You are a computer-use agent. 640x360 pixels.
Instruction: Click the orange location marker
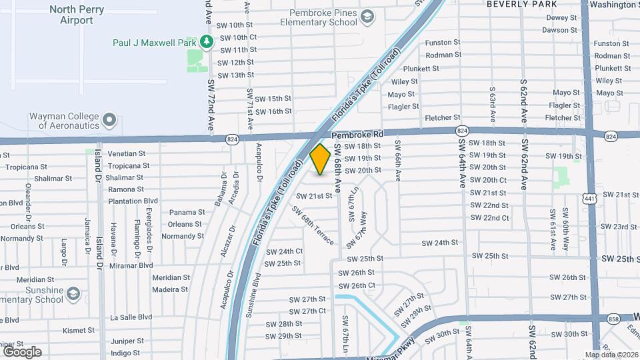point(320,159)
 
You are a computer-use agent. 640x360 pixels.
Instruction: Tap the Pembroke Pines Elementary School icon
point(367,16)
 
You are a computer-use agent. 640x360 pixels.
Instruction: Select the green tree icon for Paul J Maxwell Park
point(207,42)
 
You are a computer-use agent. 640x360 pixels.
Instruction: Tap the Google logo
point(22,352)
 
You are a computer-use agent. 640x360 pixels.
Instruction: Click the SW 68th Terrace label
point(312,227)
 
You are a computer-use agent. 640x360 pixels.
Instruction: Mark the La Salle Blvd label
point(131,317)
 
